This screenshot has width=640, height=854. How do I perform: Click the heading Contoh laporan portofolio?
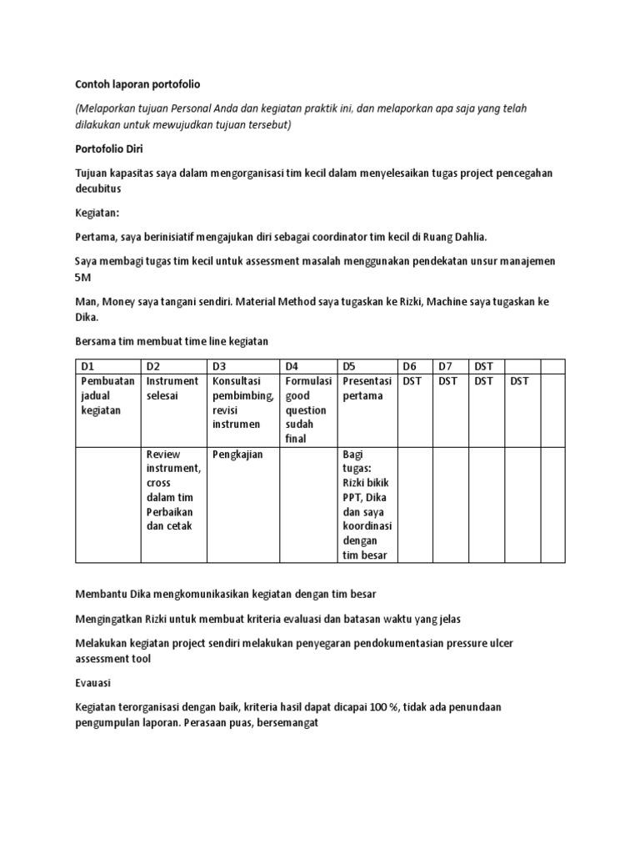pos(137,84)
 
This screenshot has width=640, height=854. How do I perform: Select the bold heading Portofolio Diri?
pos(109,149)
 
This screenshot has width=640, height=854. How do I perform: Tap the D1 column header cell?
pos(108,366)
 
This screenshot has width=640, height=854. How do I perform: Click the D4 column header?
pos(307,366)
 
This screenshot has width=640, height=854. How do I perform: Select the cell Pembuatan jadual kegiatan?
pos(107,395)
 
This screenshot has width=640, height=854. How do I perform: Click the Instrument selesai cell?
pos(172,388)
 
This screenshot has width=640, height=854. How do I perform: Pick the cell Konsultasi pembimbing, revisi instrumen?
pos(242,402)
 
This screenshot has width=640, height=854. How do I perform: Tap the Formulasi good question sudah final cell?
pos(307,409)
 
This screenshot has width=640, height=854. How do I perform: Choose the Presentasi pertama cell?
pos(367,388)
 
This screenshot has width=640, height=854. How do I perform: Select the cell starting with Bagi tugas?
pos(367,505)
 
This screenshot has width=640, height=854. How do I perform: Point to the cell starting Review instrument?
pos(173,490)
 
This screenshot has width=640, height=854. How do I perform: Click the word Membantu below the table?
pos(102,594)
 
